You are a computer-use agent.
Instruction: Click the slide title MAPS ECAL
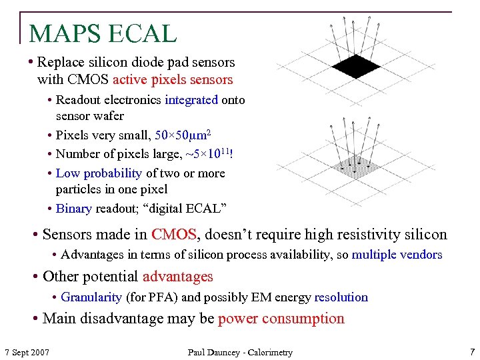[103, 33]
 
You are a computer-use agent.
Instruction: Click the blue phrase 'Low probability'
[99, 173]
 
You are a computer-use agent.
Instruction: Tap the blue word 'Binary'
[73, 209]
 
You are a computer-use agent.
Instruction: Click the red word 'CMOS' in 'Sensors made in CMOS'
[174, 235]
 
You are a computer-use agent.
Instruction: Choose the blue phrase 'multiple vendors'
[397, 255]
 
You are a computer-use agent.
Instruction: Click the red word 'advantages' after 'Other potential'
[177, 276]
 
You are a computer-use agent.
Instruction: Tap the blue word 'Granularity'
[91, 297]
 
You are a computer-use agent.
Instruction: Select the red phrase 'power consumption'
[281, 319]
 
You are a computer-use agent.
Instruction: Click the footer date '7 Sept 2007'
[27, 352]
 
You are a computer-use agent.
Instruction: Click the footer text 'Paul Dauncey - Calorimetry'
[240, 352]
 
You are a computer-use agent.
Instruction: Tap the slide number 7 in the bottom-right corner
[472, 351]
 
